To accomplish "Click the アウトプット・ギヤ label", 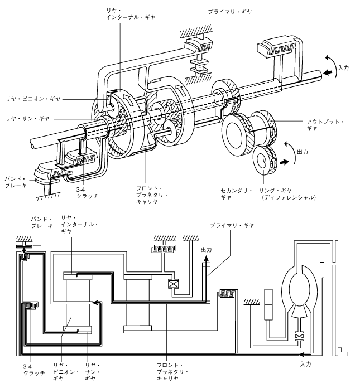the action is [x=325, y=125].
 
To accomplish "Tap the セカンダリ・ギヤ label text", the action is [x=236, y=194].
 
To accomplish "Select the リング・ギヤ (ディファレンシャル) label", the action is [x=287, y=194].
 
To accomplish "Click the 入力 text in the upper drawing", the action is [x=343, y=68].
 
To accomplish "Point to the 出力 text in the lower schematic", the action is [x=206, y=250].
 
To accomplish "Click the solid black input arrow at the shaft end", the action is [x=328, y=72].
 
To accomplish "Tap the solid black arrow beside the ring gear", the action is [x=284, y=162].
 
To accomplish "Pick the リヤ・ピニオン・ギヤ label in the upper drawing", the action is [x=33, y=99].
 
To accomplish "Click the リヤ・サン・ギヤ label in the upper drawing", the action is [x=27, y=119].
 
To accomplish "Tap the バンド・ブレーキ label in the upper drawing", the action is [x=16, y=182].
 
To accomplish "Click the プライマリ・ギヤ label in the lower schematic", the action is [x=232, y=225].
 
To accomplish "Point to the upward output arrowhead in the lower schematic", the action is [x=206, y=259].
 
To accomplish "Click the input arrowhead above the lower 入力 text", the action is [x=302, y=355].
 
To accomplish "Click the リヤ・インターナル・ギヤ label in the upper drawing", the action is [x=131, y=14].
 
